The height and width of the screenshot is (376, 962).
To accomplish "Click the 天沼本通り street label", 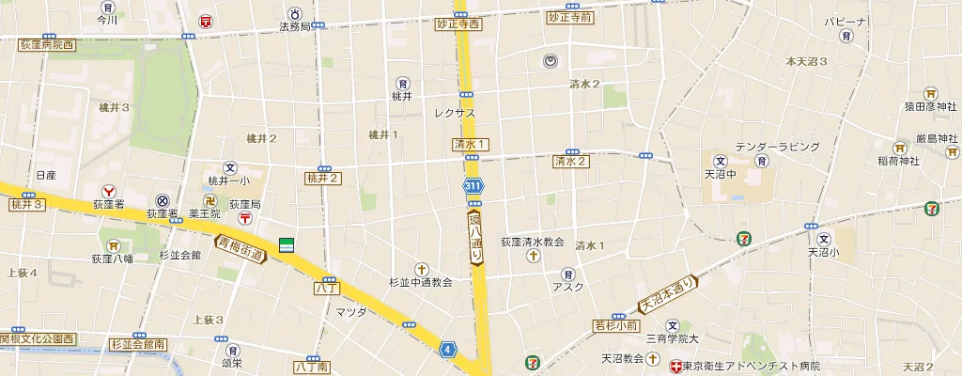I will (667, 294).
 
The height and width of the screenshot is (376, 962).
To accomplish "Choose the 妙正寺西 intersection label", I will (458, 24).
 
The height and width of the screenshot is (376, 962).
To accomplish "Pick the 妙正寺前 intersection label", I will (569, 18).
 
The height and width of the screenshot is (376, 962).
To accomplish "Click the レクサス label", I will (455, 113).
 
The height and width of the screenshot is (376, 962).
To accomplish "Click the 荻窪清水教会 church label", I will (533, 242).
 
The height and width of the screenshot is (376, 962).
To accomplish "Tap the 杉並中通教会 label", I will (421, 282).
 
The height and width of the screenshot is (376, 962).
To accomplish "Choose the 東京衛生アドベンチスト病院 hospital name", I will (752, 366).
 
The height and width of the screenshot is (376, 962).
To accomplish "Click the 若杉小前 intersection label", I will (615, 325).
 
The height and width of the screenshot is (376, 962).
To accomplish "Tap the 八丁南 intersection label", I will (311, 366).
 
